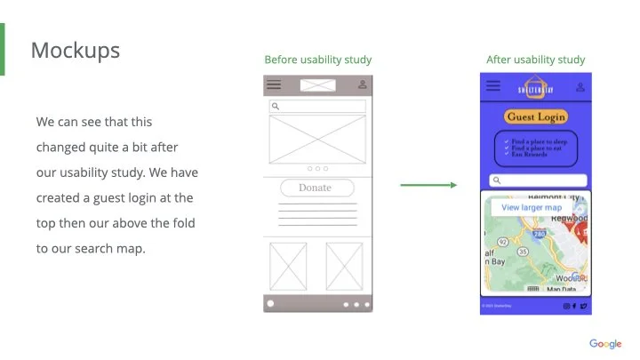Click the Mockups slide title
click(x=75, y=50)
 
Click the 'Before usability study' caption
click(x=317, y=60)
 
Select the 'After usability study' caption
click(x=535, y=60)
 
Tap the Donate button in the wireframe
click(x=316, y=188)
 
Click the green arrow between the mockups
click(x=428, y=185)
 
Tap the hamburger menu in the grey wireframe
click(x=275, y=84)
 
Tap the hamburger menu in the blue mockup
click(x=493, y=86)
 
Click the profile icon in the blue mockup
click(x=580, y=87)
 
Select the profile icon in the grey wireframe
click(x=362, y=84)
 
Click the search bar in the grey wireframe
click(x=317, y=107)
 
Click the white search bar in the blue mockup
click(x=535, y=180)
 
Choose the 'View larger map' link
click(x=532, y=207)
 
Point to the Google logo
click(x=605, y=344)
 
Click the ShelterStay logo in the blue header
click(x=535, y=87)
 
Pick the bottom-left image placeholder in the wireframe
click(x=287, y=266)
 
